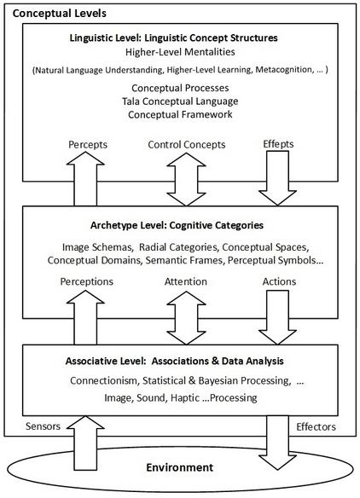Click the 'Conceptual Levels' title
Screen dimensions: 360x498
(x=60, y=14)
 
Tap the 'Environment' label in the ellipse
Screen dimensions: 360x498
(x=179, y=467)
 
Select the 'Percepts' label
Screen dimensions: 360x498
(x=88, y=144)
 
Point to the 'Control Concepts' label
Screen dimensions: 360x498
(x=187, y=144)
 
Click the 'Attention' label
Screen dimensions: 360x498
(x=186, y=281)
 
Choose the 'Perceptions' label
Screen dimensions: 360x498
(x=86, y=281)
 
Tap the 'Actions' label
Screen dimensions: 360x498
(x=279, y=281)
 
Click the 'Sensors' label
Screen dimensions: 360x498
(x=43, y=426)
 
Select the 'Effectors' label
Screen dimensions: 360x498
(x=316, y=426)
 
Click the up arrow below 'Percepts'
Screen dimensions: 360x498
(x=85, y=178)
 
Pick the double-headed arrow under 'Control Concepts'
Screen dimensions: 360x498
(x=186, y=179)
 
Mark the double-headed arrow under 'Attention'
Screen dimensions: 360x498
(x=186, y=317)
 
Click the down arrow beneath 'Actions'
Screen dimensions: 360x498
(x=277, y=317)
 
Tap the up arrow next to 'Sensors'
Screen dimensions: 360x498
(x=85, y=443)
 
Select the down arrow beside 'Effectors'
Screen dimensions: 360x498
(x=277, y=443)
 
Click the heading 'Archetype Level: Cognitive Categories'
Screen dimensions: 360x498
(x=177, y=225)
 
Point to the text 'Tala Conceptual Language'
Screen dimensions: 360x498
(x=180, y=101)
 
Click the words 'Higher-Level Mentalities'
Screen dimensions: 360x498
(x=180, y=52)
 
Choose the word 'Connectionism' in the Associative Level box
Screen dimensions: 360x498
(x=105, y=380)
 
